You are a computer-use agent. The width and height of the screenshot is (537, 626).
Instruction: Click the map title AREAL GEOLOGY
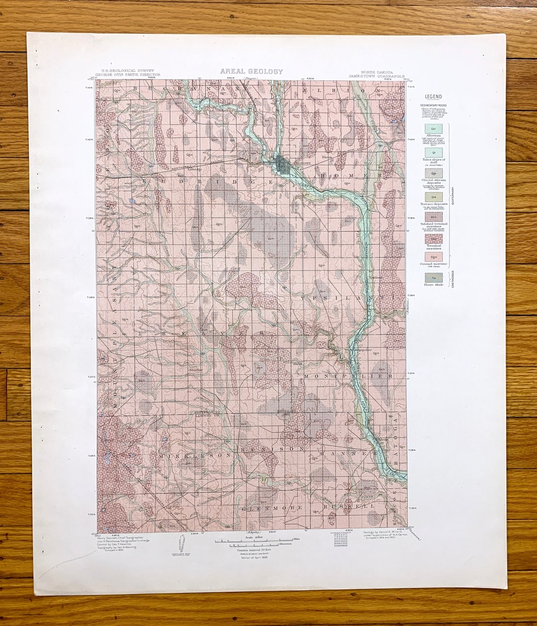coord(251,72)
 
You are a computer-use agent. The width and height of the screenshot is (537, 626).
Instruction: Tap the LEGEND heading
coord(433,96)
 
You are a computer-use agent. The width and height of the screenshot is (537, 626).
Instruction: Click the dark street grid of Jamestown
coord(284,166)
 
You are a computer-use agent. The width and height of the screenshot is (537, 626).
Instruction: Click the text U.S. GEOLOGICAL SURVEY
coord(127,71)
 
